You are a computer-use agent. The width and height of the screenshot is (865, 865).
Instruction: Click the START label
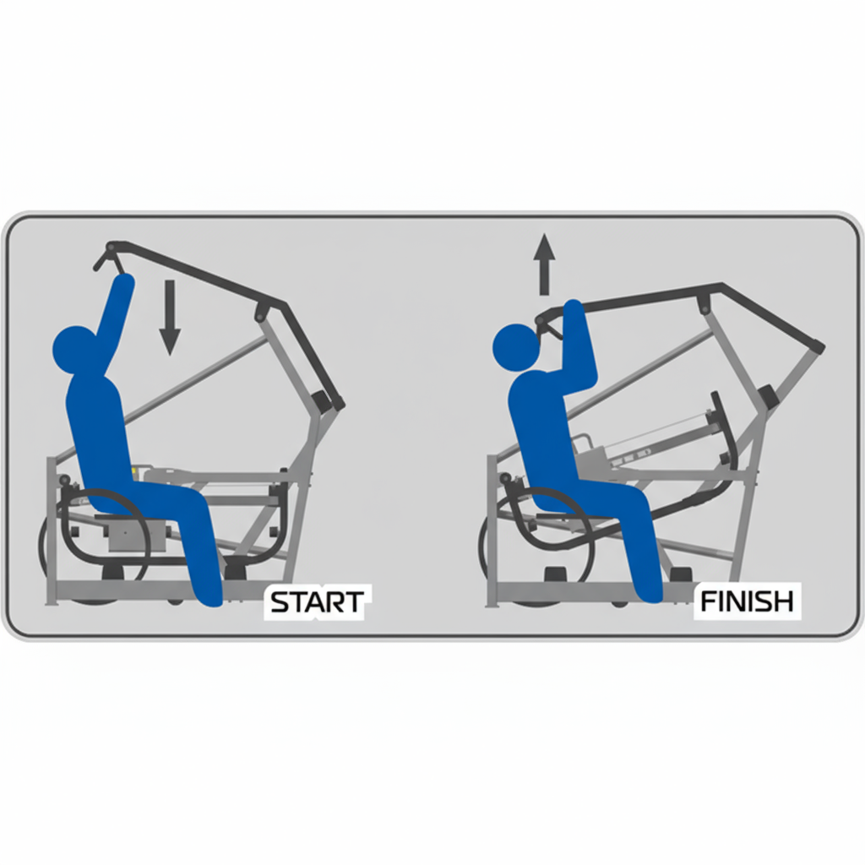click(x=317, y=601)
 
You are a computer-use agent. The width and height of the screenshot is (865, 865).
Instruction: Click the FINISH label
click(x=747, y=601)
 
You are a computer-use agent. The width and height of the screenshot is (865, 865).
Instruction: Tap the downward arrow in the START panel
click(x=169, y=318)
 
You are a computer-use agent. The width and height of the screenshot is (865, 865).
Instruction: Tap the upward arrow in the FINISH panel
click(x=545, y=264)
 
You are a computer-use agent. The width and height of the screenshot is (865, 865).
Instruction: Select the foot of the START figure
click(x=209, y=595)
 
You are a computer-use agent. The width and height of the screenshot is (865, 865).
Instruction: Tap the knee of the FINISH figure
click(x=634, y=497)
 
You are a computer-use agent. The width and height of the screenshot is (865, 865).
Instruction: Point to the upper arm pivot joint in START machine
click(x=259, y=312)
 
